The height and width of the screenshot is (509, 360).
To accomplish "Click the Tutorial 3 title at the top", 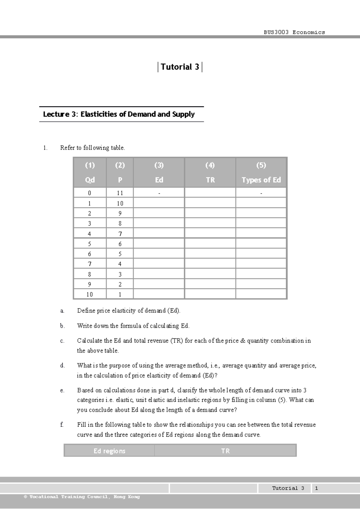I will (x=180, y=67).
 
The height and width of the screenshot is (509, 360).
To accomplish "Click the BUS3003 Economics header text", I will (x=294, y=32).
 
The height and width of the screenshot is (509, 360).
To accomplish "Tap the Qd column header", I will (x=90, y=180).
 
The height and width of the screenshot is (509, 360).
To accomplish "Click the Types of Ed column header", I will (x=261, y=180).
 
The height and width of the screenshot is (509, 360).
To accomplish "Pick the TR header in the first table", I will (x=210, y=180).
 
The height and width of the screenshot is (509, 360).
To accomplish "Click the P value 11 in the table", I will (x=120, y=193).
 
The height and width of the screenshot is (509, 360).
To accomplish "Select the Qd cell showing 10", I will (x=89, y=294).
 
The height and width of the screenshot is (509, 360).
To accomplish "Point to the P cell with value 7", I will (x=120, y=234).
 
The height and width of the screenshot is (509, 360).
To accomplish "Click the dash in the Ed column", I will (x=159, y=193).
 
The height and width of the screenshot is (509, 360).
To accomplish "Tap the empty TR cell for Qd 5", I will (x=210, y=244).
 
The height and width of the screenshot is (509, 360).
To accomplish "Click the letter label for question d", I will (x=62, y=365).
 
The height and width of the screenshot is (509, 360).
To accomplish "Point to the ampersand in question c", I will (x=243, y=341).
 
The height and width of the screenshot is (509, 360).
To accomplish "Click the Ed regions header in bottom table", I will (x=109, y=451).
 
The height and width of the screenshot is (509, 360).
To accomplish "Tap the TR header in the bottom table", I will (x=225, y=451).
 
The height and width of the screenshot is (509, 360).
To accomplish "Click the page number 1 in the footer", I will (x=316, y=488).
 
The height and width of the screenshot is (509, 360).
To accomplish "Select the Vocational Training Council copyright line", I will (x=82, y=497).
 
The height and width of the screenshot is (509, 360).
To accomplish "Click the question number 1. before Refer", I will (x=45, y=148).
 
